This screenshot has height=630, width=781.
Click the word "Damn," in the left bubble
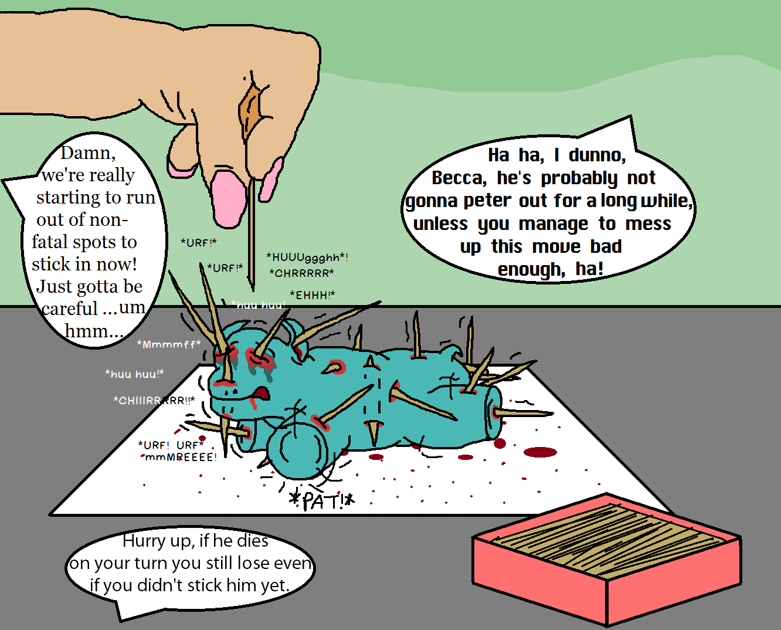[88, 153]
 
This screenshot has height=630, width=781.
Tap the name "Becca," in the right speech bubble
[459, 178]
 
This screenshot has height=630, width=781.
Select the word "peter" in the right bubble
[487, 201]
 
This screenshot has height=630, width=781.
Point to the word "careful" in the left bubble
[70, 309]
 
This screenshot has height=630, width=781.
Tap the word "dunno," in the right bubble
[597, 155]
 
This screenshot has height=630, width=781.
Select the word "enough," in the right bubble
[531, 270]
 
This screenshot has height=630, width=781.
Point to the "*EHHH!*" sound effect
[313, 295]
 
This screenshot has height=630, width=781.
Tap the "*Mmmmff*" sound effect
[169, 344]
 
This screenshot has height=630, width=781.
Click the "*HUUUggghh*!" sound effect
[307, 258]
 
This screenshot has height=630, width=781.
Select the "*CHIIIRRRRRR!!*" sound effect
[154, 400]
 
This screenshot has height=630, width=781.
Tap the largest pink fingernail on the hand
[228, 199]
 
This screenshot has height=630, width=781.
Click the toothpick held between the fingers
[252, 234]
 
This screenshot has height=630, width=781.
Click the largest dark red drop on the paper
[541, 452]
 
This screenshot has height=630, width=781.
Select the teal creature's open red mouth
[262, 393]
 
